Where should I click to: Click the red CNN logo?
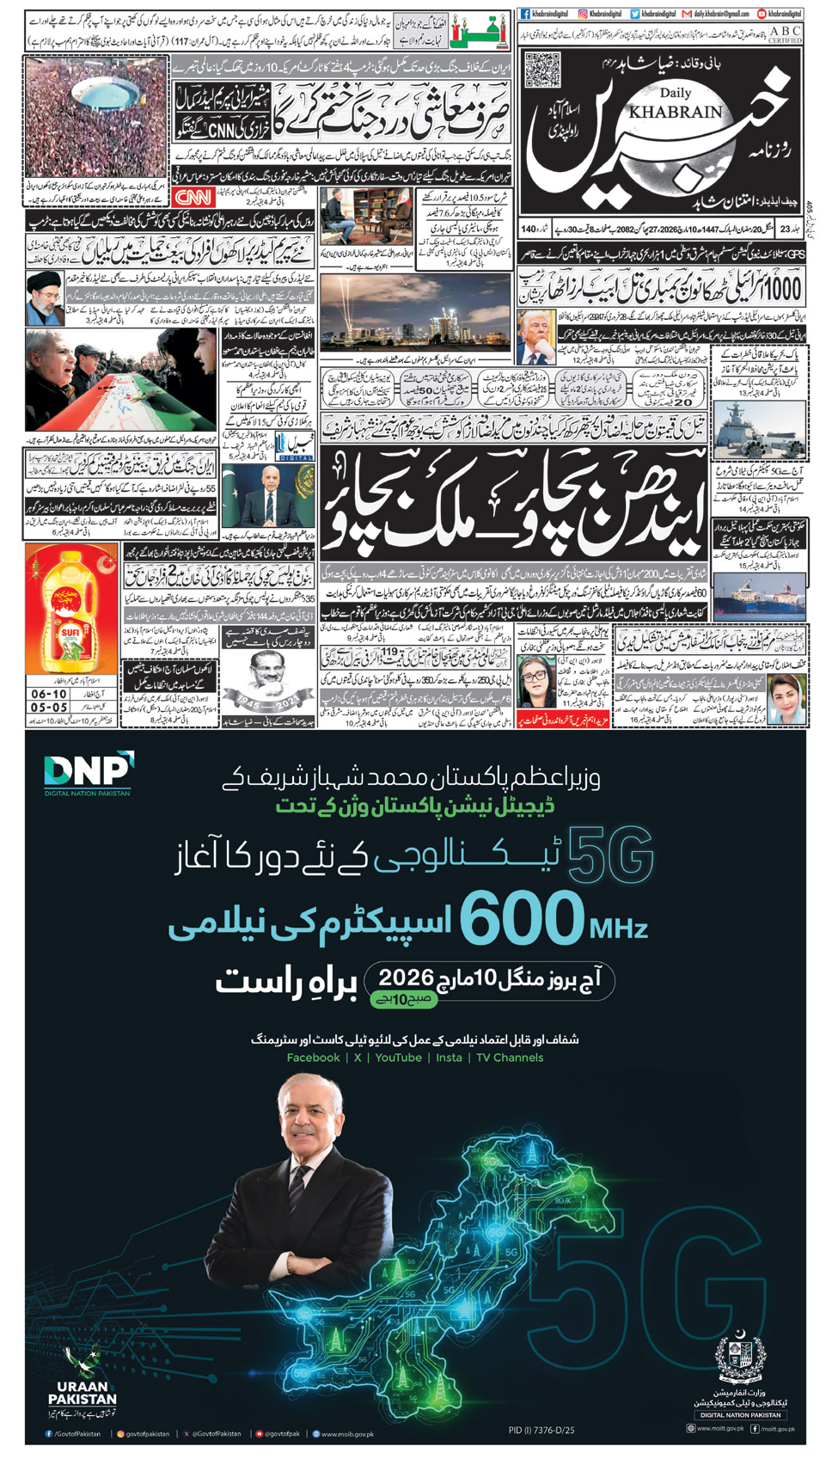coord(193,197)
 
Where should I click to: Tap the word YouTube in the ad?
coord(398,1057)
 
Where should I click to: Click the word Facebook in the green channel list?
coord(313,1057)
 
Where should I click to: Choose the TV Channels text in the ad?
coord(510,1057)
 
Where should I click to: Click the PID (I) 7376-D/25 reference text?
coord(541,1431)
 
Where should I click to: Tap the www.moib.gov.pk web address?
coord(347,1434)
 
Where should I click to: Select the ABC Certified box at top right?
coord(785,34)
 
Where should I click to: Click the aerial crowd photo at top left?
coord(95,118)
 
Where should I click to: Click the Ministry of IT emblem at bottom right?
coord(739,1358)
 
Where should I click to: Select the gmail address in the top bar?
coord(716,14)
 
